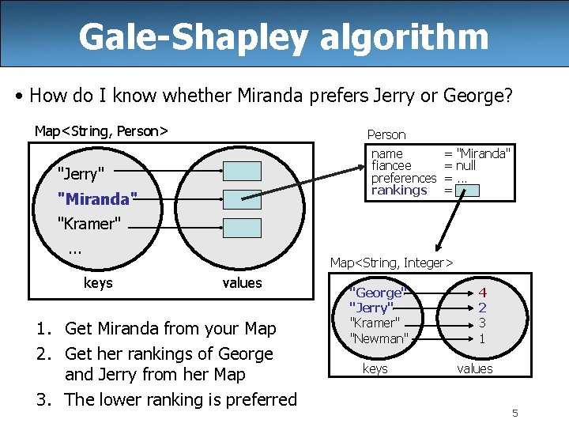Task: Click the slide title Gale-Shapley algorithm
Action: click(284, 36)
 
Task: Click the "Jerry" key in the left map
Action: click(81, 174)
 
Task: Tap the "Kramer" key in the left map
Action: click(89, 224)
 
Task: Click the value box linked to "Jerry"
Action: click(241, 172)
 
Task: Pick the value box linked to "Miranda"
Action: click(241, 199)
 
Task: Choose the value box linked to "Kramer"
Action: click(241, 228)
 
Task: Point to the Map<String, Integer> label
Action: click(391, 263)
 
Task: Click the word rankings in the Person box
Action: click(399, 191)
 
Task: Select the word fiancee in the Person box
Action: click(391, 166)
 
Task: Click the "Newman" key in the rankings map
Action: click(379, 338)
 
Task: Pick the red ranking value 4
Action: click(482, 293)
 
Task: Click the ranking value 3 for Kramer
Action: click(482, 323)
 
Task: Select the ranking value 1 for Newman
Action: click(482, 338)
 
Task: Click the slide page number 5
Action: click(514, 413)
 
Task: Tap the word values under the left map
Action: click(242, 283)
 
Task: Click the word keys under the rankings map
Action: click(375, 368)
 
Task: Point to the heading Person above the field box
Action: click(386, 135)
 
